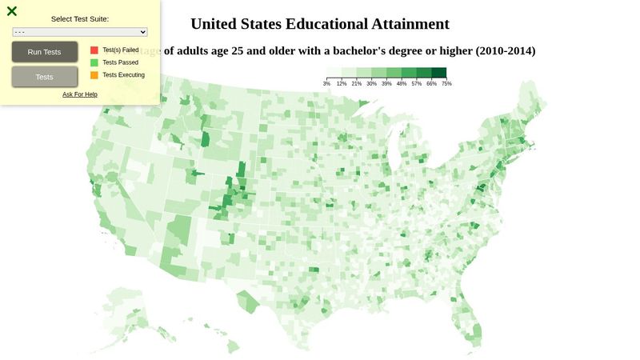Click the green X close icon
pos(12,11)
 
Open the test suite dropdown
pos(80,32)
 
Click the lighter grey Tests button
pos(45,77)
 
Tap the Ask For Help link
pos(80,94)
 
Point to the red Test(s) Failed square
pos(94,50)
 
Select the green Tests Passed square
pos(94,62)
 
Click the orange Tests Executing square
pos(94,75)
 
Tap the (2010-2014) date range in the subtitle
pos(506,51)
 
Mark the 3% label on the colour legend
pos(326,83)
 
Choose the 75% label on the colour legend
pos(446,83)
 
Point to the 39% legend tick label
pos(386,83)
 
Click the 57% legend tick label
pos(417,83)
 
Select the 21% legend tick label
pos(357,83)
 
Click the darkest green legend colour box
pos(439,73)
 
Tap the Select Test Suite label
pos(80,18)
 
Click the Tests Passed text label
pos(120,62)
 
